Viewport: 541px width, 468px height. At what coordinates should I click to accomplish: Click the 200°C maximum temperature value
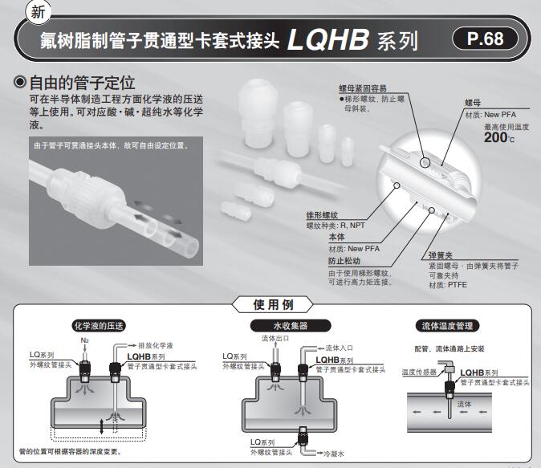[x=498, y=137]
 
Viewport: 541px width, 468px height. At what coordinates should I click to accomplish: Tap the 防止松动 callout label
[x=344, y=261]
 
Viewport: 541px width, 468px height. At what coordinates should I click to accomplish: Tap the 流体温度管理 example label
[x=449, y=326]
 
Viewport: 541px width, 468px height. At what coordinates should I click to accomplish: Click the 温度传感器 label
[x=418, y=372]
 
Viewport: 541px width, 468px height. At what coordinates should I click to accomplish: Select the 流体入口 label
[x=340, y=348]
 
